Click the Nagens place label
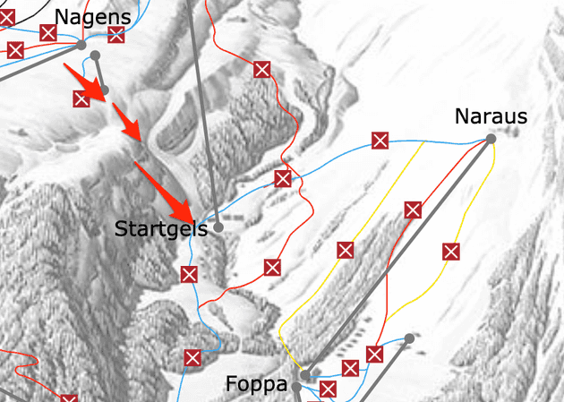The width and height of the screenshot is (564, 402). coord(92,17)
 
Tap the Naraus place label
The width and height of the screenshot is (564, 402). coord(491,116)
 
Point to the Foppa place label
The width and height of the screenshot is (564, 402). coord(256,385)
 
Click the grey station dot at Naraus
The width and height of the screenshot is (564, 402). coord(491,139)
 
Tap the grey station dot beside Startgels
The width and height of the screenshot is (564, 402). coord(217,228)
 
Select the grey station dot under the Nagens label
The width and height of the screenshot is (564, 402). coord(81,44)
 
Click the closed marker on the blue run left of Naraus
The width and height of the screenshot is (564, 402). coord(380,141)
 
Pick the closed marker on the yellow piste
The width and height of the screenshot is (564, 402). coord(450,252)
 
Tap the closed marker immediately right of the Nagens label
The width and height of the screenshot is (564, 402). coord(115,35)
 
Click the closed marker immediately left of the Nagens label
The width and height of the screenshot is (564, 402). coord(48,33)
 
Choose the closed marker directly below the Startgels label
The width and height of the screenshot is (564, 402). coord(189,274)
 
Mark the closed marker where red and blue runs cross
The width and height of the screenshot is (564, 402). coord(283,178)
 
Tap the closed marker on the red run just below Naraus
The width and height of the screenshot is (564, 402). coord(413,210)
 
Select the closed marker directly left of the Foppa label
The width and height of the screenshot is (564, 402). coord(192,358)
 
